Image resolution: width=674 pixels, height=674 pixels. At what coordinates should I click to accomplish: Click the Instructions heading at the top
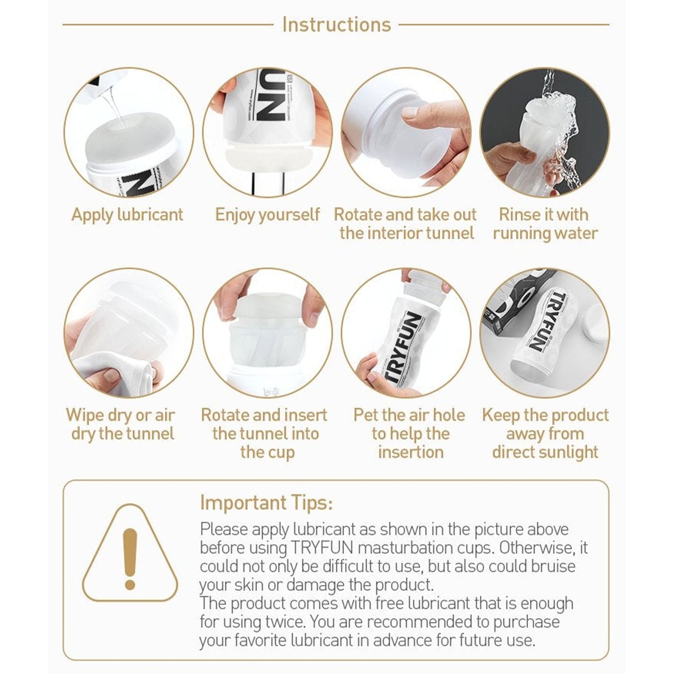(336, 25)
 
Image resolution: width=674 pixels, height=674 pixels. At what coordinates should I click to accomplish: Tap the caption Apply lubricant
(127, 215)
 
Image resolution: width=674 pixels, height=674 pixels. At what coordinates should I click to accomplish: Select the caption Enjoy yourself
(268, 215)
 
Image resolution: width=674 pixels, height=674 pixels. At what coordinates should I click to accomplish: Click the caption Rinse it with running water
(545, 224)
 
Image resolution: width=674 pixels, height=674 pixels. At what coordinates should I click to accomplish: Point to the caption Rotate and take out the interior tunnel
(406, 224)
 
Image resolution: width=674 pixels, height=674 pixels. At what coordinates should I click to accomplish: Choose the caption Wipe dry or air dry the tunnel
(121, 424)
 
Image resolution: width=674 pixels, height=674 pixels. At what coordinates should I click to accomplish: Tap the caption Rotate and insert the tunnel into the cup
(265, 434)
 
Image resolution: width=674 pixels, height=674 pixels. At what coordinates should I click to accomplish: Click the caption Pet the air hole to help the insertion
(409, 434)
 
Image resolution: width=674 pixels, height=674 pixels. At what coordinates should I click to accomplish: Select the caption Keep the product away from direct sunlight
(545, 434)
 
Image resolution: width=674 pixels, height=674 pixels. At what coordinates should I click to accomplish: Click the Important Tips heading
(266, 503)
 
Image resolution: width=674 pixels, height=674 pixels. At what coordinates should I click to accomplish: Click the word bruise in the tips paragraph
(553, 567)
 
